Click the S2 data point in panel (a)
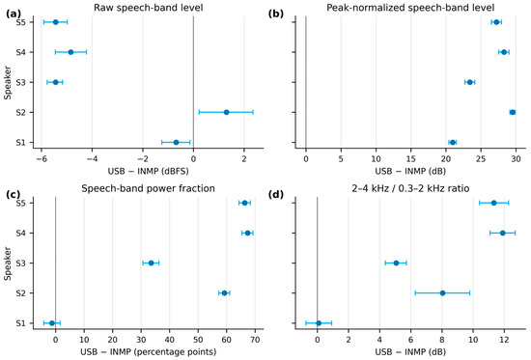(x=226, y=112)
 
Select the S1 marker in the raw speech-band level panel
(x=176, y=142)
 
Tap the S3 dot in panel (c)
(x=151, y=263)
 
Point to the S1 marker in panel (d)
(x=319, y=323)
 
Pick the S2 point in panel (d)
(x=442, y=293)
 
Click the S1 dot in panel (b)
(x=453, y=142)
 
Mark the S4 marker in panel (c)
(x=247, y=233)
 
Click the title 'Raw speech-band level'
(x=149, y=8)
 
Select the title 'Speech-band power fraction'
(x=148, y=188)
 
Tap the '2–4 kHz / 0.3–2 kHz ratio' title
(x=410, y=188)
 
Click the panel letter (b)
(x=276, y=14)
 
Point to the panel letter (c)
(x=14, y=195)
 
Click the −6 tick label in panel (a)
(x=41, y=159)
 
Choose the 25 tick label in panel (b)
(x=481, y=159)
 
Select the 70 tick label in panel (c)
(x=255, y=340)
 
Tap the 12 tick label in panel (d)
(x=505, y=340)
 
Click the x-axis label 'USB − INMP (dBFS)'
(x=148, y=171)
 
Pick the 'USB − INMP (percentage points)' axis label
(x=148, y=352)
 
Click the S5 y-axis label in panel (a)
(x=20, y=22)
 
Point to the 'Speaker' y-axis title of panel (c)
(x=8, y=263)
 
